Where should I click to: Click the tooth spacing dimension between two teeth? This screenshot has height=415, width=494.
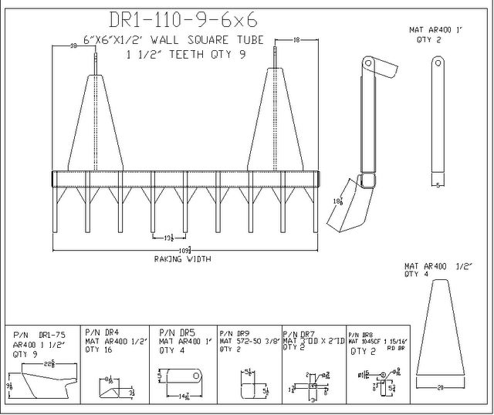pyautogui.click(x=167, y=239)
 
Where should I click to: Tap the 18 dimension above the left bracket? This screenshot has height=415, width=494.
pyautogui.click(x=73, y=47)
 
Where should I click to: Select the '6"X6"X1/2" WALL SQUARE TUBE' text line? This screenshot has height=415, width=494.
pyautogui.click(x=167, y=39)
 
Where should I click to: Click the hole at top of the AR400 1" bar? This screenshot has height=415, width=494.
pyautogui.click(x=438, y=62)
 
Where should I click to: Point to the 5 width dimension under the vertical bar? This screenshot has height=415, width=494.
pyautogui.click(x=438, y=185)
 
